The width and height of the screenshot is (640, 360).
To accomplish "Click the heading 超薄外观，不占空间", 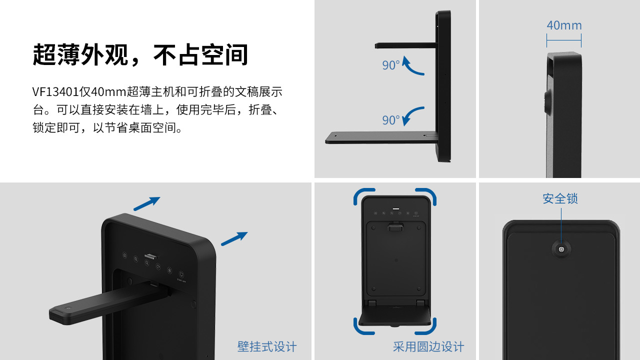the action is point(140,55).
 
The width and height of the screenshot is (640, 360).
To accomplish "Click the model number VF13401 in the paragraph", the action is point(55,92).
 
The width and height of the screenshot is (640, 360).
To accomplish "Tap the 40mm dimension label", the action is point(564,25).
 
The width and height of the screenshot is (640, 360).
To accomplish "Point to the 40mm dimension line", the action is point(564,40).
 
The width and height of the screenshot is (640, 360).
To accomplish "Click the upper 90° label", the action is point(391,65).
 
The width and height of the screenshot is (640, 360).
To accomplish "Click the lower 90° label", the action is point(391,120).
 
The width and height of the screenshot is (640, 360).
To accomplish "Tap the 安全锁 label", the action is point(560,198).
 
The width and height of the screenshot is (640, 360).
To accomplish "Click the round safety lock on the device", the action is point(561,249).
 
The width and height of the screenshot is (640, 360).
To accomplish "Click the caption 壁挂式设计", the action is point(267,346).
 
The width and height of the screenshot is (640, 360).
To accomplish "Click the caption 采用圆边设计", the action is point(428,346).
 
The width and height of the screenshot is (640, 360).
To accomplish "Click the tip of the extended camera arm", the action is point(51,314).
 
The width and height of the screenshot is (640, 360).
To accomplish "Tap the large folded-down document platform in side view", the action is point(381,137).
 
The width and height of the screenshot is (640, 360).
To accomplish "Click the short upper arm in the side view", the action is point(405,45).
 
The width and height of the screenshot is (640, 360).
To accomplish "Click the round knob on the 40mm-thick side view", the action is point(548,101).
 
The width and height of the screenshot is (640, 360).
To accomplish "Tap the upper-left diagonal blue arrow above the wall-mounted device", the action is point(147,203).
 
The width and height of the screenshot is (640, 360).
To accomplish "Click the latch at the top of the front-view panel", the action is point(395,227).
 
